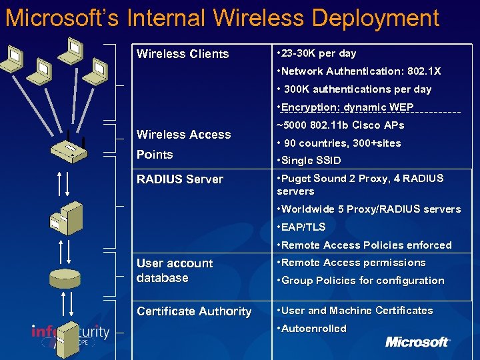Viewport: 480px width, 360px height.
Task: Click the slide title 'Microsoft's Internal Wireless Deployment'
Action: [x=222, y=18]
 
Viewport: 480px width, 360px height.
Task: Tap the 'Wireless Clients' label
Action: [x=183, y=54]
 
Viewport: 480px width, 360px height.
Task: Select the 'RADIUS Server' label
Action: [x=180, y=179]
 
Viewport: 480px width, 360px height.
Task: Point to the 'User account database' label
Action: [x=175, y=271]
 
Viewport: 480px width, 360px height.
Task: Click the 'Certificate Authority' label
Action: [x=194, y=311]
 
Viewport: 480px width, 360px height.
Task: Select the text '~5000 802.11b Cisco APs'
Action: [x=341, y=125]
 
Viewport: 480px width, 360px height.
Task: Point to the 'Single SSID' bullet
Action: [x=311, y=161]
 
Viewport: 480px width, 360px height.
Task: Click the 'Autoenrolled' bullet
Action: [x=313, y=329]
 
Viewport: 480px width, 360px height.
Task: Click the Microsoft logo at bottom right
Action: [x=417, y=342]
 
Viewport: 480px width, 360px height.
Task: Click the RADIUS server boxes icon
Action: [x=67, y=216]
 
